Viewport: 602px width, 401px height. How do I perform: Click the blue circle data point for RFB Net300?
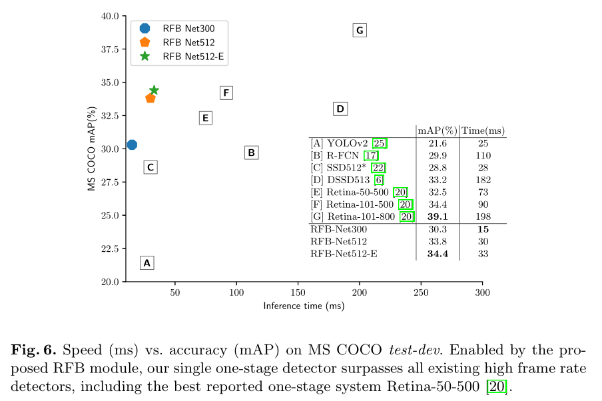(x=132, y=145)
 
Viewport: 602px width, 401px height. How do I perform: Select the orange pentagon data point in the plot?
(x=150, y=98)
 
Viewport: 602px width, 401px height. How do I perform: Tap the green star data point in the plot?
(x=154, y=90)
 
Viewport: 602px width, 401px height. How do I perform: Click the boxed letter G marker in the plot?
(x=360, y=30)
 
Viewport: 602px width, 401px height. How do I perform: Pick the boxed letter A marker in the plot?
(x=147, y=262)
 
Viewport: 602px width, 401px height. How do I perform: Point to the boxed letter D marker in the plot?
(x=340, y=109)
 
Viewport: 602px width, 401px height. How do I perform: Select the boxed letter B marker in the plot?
(x=251, y=153)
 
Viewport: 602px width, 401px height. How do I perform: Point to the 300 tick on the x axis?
(x=482, y=292)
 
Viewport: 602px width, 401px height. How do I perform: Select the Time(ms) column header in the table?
(x=483, y=131)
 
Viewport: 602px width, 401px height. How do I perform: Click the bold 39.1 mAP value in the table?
(x=437, y=216)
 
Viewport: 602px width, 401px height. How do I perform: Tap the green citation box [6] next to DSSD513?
(x=379, y=180)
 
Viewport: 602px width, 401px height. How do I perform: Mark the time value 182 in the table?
(x=483, y=180)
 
